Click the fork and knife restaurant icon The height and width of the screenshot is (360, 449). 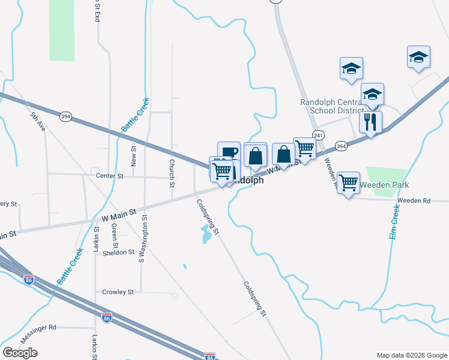pos(370,122)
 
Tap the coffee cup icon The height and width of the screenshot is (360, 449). pos(228,152)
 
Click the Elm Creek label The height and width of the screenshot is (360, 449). pos(395,223)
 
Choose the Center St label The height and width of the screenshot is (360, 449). pos(109,176)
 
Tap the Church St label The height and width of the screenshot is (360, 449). pos(172,172)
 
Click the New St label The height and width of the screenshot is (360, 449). pos(133,156)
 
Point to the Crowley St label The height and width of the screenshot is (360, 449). pos(117,292)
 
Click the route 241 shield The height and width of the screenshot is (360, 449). pos(318,136)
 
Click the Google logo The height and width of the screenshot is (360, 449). pos(20,353)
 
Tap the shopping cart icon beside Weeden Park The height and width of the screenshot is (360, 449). pos(348,182)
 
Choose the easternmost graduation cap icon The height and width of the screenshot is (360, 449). pos(418,57)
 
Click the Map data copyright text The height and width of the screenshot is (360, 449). pos(411,355)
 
